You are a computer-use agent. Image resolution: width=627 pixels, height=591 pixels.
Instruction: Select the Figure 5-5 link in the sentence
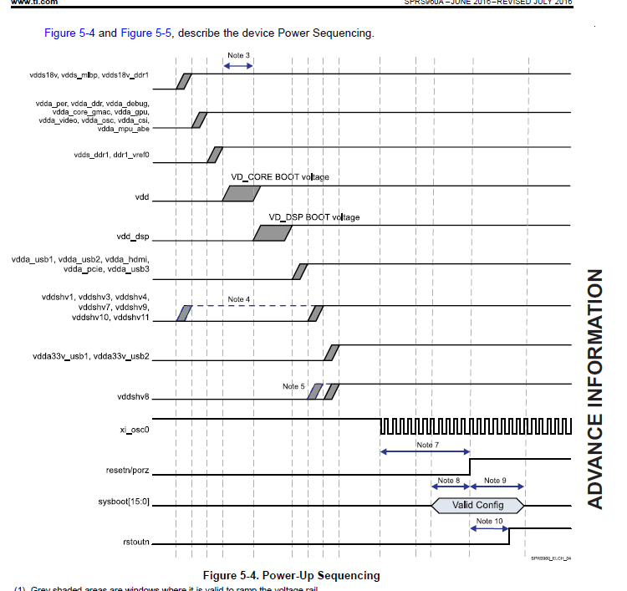[147, 33]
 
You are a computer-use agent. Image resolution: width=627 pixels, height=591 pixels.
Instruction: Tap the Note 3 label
[238, 56]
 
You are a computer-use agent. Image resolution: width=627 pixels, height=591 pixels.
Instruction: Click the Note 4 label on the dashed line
[238, 299]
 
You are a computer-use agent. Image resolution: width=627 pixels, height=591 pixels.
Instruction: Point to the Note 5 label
[293, 386]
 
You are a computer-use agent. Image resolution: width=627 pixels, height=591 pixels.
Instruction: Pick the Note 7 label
[427, 445]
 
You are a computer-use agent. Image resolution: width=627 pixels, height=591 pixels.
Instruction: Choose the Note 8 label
[448, 481]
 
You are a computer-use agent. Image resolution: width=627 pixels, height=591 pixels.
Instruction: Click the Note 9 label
[495, 481]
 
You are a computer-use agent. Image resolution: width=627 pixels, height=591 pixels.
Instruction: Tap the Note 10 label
[489, 522]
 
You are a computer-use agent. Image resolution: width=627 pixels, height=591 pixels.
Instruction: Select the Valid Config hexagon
[477, 505]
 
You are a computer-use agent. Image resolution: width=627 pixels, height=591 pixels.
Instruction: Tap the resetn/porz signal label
[130, 471]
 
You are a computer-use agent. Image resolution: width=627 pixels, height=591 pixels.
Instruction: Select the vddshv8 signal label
[135, 398]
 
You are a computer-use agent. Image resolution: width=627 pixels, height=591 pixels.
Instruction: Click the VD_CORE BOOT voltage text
[279, 177]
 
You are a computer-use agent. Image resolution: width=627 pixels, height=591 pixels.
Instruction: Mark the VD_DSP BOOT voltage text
[313, 217]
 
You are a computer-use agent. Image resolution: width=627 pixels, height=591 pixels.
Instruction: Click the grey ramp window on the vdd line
[242, 194]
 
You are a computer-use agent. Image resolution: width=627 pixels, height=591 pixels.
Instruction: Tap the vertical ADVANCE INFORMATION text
[595, 389]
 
